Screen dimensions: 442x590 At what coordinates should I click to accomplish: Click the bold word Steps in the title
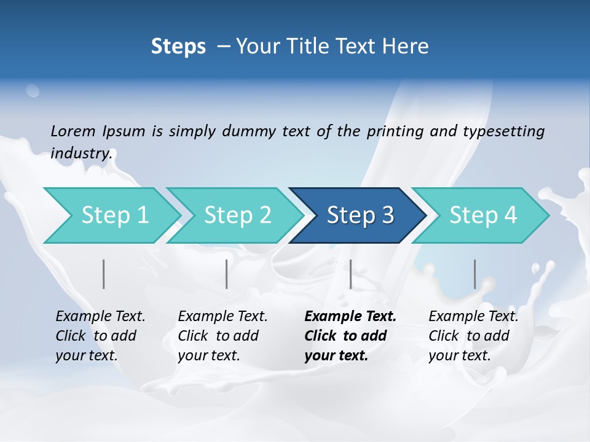point(178,47)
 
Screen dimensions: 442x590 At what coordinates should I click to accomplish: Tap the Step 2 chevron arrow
point(237,215)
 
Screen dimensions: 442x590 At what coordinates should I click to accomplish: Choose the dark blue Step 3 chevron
point(360,215)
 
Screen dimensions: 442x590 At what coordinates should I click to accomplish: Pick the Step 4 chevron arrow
point(483,215)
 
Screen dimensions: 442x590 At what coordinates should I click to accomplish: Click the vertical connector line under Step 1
point(104,274)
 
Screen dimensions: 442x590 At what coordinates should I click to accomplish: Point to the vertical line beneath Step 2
point(227,274)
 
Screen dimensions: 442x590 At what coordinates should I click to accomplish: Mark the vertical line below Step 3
point(350,274)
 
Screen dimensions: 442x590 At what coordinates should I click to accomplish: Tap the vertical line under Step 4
point(474,274)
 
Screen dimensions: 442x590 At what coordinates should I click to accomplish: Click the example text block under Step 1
point(100,336)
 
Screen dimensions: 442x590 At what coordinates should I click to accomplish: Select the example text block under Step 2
point(222,336)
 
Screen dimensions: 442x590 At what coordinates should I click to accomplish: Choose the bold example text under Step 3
point(350,336)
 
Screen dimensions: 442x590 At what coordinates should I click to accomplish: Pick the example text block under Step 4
point(473,336)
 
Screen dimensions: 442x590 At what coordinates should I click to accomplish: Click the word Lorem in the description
point(73,131)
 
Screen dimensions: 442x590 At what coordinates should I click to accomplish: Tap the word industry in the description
point(81,153)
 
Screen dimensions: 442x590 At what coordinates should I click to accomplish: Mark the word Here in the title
point(408,47)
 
